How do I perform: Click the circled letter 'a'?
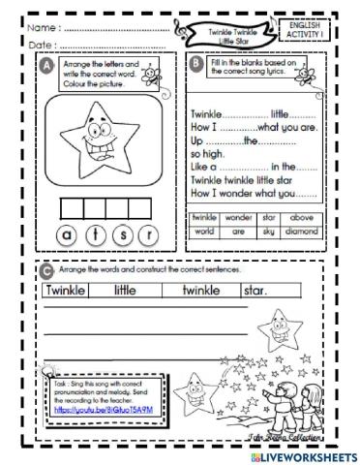tap(68, 233)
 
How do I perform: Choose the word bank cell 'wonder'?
tap(238, 218)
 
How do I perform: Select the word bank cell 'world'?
tap(204, 232)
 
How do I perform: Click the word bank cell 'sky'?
tap(270, 232)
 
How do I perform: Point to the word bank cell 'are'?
tap(238, 232)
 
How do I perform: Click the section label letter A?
tap(48, 66)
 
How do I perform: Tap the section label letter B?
tap(197, 66)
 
